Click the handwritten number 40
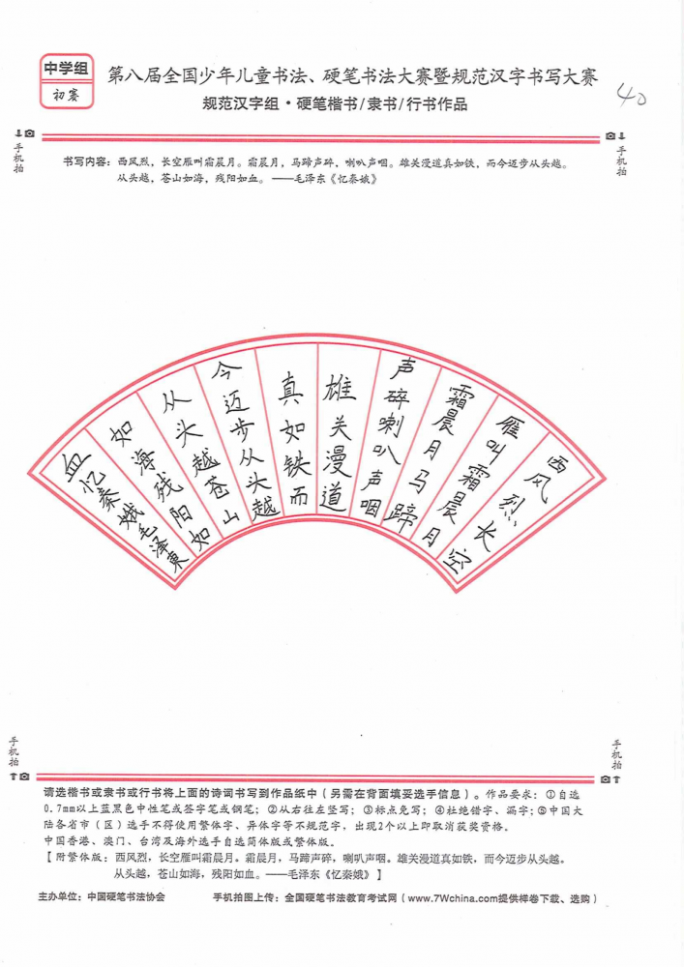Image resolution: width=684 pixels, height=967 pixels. coord(631,96)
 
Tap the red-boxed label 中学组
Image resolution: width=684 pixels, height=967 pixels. coord(67,68)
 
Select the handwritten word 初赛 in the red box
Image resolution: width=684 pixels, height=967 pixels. coord(66,95)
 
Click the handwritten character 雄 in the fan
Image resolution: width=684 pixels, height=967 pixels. coord(340,388)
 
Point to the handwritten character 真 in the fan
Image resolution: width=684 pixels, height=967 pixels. coord(289,389)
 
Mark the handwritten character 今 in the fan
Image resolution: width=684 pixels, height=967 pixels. coord(226,371)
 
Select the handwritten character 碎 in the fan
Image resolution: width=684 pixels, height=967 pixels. coord(395,397)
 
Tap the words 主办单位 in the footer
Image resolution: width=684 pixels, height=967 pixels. coord(59,897)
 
